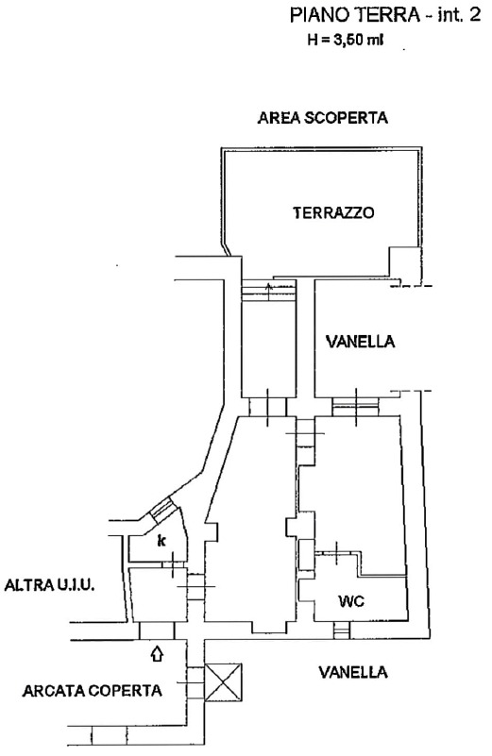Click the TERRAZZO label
click(x=333, y=212)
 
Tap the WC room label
click(x=350, y=601)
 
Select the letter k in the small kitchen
click(x=161, y=541)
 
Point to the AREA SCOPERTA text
click(x=323, y=118)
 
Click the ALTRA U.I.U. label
click(x=49, y=585)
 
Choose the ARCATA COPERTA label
click(x=93, y=691)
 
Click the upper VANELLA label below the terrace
click(x=361, y=342)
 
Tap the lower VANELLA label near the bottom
click(x=353, y=672)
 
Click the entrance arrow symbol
click(x=158, y=654)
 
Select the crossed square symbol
click(x=223, y=682)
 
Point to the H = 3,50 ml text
click(x=346, y=40)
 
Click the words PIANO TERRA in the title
click(x=355, y=15)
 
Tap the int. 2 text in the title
click(x=459, y=15)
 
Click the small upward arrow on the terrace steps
click(x=269, y=291)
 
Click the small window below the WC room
click(x=341, y=630)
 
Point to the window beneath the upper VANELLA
click(x=356, y=406)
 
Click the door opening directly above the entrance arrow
click(x=156, y=630)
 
